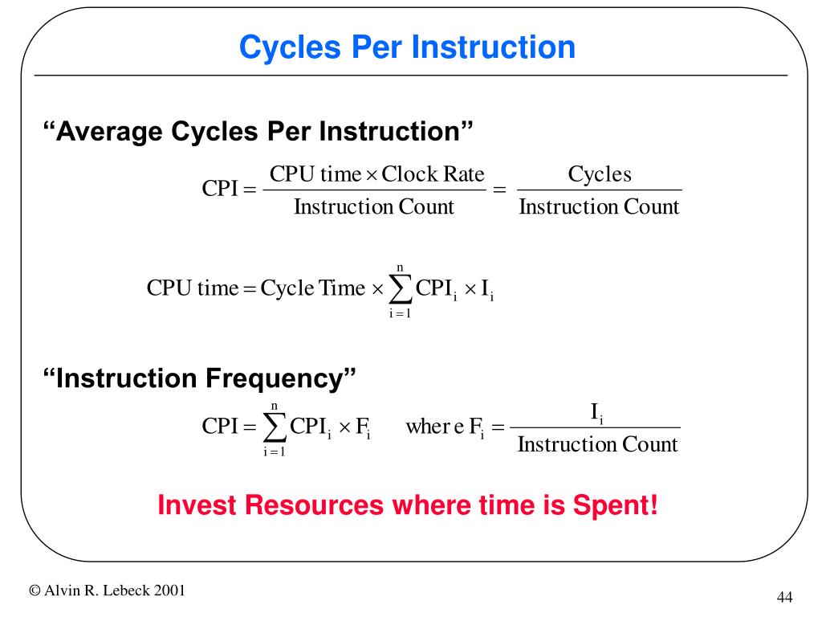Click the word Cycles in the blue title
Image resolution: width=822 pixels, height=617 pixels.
[290, 48]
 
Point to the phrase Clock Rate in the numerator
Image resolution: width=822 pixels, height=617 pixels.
[433, 174]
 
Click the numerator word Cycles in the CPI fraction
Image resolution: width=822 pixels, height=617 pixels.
[600, 174]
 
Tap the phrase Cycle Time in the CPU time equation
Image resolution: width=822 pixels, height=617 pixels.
[312, 288]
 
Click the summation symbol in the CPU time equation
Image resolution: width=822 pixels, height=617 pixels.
[400, 289]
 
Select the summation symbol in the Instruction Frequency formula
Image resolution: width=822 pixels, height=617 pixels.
[275, 427]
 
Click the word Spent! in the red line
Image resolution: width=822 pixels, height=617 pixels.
[615, 506]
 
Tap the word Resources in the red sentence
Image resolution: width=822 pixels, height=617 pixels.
[314, 505]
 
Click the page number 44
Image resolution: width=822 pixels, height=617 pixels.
[784, 597]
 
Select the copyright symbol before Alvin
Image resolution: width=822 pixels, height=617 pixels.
[35, 590]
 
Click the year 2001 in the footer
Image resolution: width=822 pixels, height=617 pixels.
[170, 590]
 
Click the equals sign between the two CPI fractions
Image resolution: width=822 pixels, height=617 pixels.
[499, 190]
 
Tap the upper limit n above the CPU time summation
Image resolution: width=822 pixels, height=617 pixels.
[400, 269]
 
